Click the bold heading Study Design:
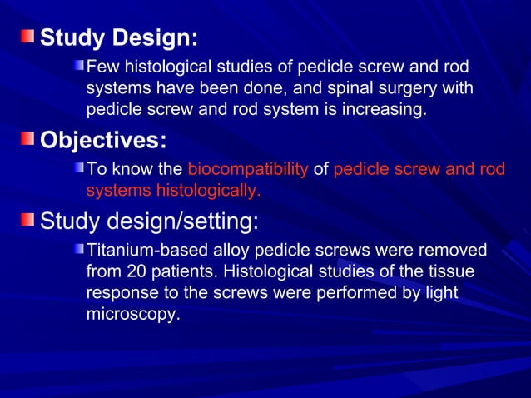[119, 38]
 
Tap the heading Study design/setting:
[150, 221]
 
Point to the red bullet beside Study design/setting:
[29, 221]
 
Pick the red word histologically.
[208, 191]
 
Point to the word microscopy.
[132, 316]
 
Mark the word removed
[455, 251]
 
